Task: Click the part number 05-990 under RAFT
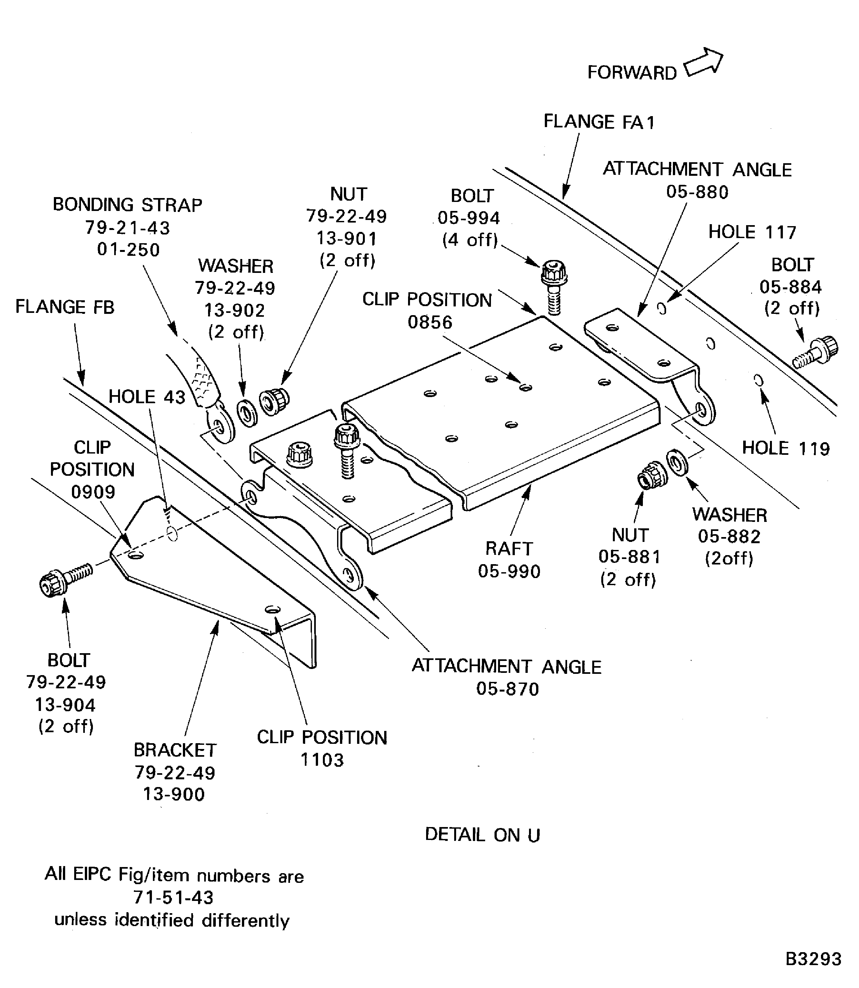point(509,571)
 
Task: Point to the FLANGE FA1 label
point(599,122)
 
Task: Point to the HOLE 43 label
point(147,397)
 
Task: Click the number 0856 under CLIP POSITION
point(430,322)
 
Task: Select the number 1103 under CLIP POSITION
point(322,760)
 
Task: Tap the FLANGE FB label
point(65,307)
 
